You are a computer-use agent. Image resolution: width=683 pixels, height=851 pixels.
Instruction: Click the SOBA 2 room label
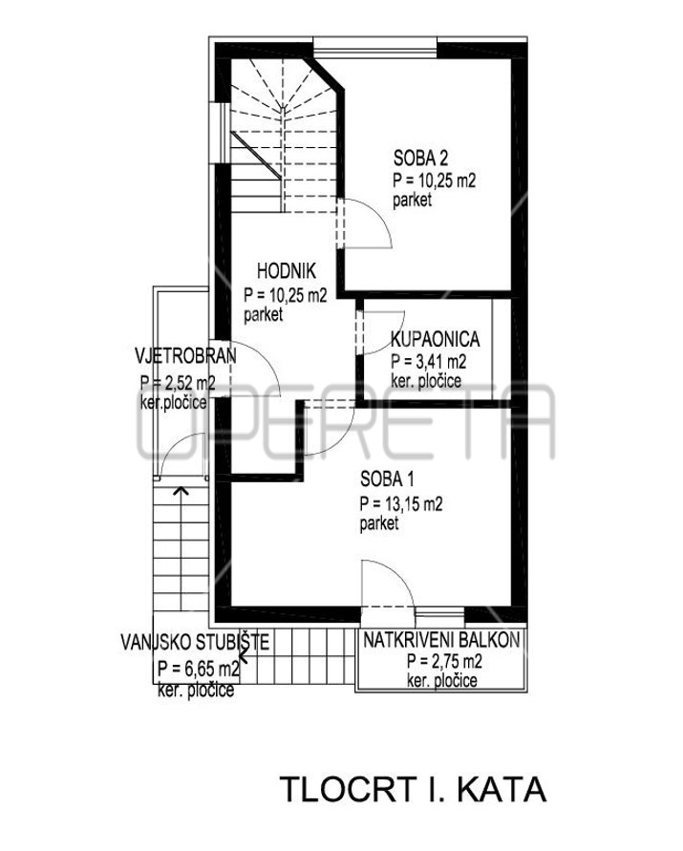coord(420,158)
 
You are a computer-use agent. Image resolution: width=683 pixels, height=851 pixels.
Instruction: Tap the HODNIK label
coord(287,271)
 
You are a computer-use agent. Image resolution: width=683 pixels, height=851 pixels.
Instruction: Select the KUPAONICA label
coord(436,339)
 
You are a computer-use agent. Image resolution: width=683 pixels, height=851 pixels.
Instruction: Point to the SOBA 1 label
coord(387,479)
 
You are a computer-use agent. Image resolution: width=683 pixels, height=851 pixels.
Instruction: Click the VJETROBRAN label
coord(185,356)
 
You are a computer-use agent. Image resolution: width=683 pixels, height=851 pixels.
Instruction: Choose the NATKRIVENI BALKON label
coord(441,640)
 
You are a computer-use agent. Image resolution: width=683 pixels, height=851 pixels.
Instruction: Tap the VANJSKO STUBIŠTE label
coord(195,643)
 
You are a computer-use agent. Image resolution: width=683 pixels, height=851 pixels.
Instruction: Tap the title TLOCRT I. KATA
coord(414,789)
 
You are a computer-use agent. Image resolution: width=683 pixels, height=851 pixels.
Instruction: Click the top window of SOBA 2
coord(375,46)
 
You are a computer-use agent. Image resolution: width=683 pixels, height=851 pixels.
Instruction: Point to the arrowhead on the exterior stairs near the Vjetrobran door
coord(181,491)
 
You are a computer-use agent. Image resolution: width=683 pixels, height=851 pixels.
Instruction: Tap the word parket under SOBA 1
coord(379,523)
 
